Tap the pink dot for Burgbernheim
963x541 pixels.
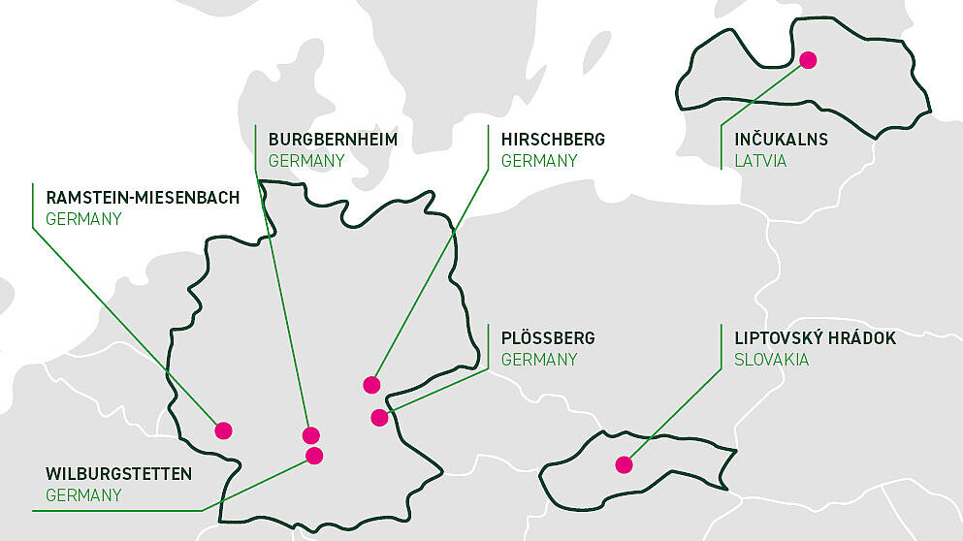point(310,435)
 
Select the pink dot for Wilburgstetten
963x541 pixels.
point(314,456)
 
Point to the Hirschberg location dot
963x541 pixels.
point(371,385)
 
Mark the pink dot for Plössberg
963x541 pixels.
point(379,417)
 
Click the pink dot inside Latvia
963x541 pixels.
point(807,60)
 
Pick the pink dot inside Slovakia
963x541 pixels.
point(624,465)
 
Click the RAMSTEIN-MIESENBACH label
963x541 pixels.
point(143,198)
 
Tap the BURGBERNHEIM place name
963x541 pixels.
point(333,140)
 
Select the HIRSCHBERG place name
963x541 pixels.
point(553,140)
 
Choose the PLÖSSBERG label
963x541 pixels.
point(548,338)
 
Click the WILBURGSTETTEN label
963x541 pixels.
point(118,474)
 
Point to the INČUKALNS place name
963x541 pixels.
point(775,140)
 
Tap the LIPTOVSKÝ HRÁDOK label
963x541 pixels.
point(809,338)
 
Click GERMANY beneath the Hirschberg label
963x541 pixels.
point(539,161)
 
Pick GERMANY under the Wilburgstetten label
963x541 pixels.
point(83,495)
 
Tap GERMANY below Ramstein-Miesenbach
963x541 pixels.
point(83,219)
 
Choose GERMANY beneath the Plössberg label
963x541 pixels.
point(539,360)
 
